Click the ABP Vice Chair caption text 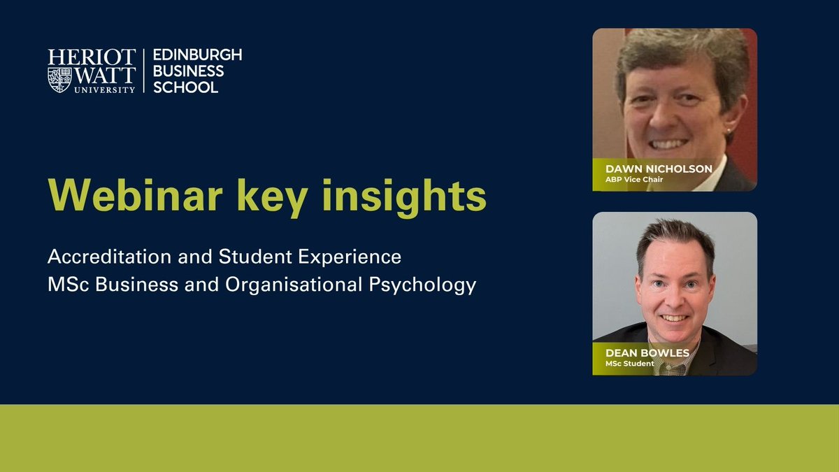(x=635, y=180)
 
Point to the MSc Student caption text (x=631, y=364)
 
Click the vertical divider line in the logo (x=143, y=71)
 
